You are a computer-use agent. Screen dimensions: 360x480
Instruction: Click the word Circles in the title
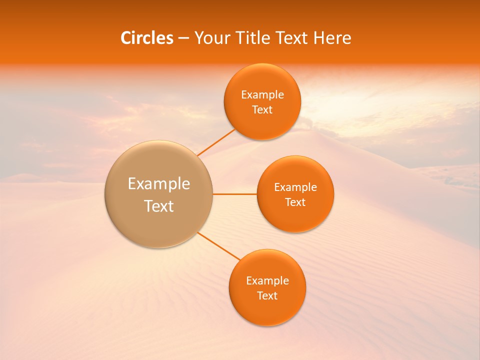pos(146,38)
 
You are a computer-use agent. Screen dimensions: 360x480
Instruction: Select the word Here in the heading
pos(332,38)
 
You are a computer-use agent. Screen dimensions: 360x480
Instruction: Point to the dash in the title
pos(183,38)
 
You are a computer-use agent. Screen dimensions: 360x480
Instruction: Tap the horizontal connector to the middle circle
pos(234,194)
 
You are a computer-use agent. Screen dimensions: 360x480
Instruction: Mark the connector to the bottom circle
pos(218,245)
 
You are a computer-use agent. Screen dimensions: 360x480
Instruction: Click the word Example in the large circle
pos(158,184)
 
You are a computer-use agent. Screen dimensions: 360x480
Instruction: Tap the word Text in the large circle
pos(158,206)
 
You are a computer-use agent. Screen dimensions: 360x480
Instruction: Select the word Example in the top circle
pos(262,95)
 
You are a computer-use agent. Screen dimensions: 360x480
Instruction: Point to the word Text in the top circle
pos(262,110)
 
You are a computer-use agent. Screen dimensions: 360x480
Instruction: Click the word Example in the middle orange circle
pos(295,187)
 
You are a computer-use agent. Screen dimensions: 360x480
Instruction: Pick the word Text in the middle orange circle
pos(295,202)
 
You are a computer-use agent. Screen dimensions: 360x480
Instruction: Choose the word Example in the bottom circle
pos(267,281)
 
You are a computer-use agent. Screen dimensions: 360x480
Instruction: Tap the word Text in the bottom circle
pos(267,296)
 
